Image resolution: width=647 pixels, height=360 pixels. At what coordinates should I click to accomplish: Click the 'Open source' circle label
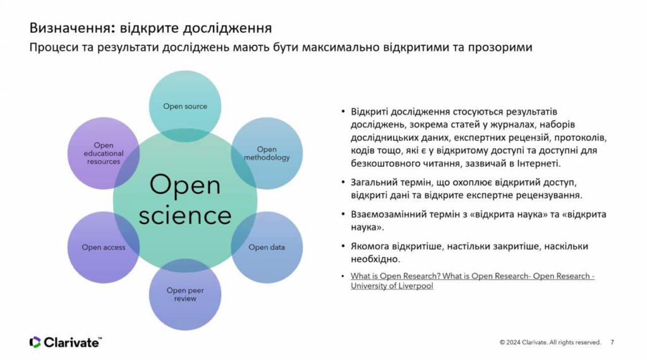point(185,106)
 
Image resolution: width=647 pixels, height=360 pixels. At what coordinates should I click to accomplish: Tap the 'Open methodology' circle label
point(267,153)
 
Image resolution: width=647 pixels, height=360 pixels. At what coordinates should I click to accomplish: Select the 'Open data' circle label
point(267,248)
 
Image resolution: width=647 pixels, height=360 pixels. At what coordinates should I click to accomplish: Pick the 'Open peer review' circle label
point(185,294)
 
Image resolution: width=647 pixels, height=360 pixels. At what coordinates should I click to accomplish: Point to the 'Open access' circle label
point(104,248)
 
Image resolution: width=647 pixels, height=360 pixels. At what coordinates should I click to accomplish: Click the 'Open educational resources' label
point(104,153)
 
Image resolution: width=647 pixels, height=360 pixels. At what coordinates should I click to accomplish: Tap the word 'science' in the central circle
point(185,215)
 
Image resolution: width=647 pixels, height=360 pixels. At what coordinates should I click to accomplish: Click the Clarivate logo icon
point(35,342)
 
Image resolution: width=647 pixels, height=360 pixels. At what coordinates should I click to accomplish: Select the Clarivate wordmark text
point(72,342)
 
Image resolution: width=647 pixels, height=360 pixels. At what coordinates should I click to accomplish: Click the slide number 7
point(612,342)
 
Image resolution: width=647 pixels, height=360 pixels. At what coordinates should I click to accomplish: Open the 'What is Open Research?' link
point(473,281)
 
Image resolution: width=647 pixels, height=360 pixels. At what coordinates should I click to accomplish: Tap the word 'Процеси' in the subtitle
point(54,47)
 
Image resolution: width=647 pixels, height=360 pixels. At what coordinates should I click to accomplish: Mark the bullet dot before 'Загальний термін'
point(343,182)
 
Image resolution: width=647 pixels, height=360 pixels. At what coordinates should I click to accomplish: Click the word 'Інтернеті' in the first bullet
point(539,164)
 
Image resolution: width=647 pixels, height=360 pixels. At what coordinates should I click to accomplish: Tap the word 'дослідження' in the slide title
point(227,28)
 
